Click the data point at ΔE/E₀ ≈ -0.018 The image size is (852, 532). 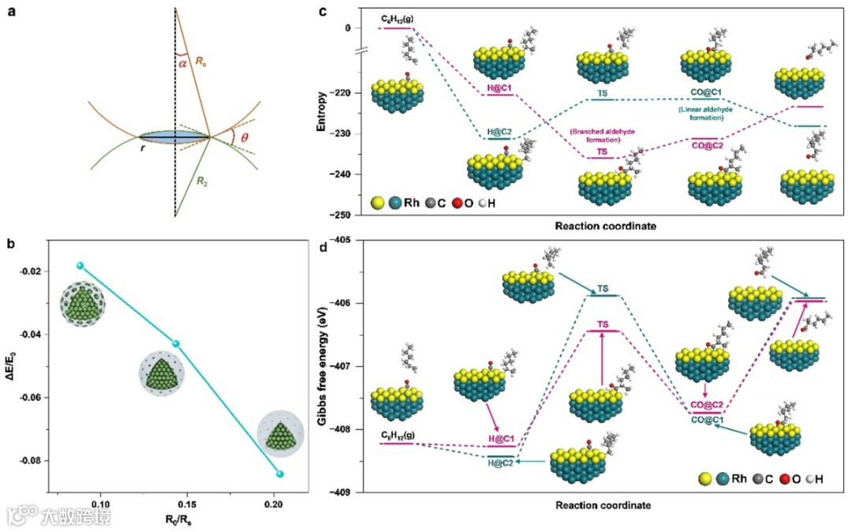pos(80,266)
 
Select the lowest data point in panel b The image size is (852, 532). pos(280,474)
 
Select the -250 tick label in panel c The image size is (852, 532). pos(342,215)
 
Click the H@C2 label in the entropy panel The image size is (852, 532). pos(499,131)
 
